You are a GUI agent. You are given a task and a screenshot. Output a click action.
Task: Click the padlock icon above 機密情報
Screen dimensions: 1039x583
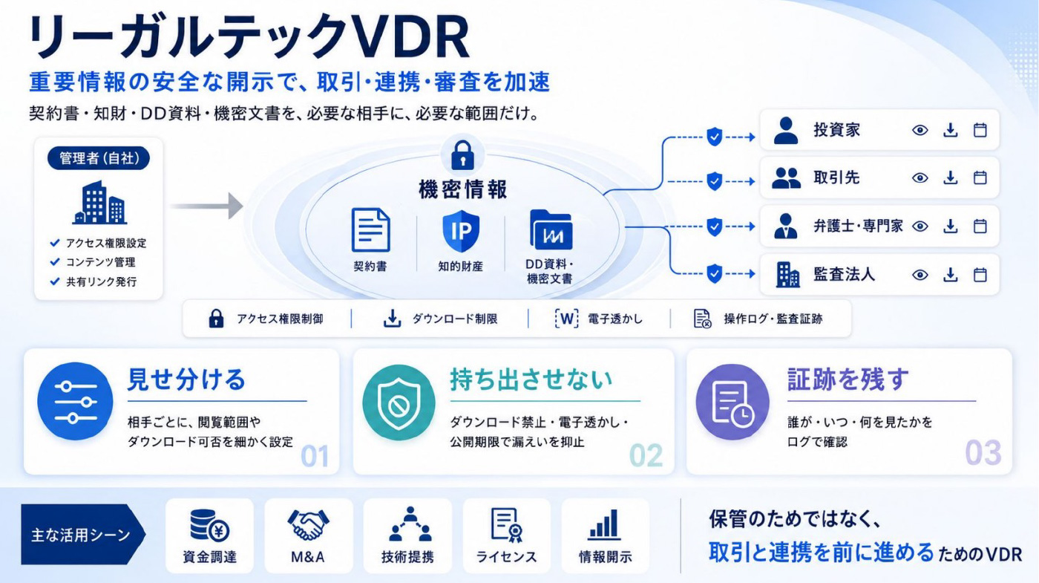(x=462, y=155)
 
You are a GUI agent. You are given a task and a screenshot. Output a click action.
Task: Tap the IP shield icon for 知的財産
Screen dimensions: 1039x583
(x=461, y=231)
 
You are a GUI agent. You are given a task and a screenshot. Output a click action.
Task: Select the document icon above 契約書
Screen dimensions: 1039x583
(x=370, y=229)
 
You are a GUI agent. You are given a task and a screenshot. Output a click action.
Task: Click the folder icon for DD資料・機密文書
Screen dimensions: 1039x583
(x=551, y=229)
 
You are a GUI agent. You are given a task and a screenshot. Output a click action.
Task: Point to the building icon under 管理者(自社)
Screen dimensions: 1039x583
(x=99, y=202)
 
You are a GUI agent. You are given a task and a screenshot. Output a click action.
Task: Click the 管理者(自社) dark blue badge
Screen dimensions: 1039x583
(x=99, y=158)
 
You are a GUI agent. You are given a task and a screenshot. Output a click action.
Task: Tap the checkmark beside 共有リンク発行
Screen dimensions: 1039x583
(x=55, y=281)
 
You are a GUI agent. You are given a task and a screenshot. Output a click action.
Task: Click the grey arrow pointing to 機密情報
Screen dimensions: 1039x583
(x=206, y=206)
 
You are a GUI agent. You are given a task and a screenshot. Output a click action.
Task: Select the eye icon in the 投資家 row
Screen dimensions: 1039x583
(x=920, y=131)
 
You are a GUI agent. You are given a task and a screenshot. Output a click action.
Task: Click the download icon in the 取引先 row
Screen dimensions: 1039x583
(x=951, y=177)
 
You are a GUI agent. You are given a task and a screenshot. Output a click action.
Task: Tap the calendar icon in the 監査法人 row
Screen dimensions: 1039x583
(x=980, y=275)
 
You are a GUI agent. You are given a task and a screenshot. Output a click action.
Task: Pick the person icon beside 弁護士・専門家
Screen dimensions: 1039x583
(x=786, y=226)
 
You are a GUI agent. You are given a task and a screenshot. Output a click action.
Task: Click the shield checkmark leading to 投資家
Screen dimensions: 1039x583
(x=714, y=137)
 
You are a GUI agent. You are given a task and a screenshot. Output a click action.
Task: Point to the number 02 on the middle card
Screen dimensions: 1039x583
(x=646, y=455)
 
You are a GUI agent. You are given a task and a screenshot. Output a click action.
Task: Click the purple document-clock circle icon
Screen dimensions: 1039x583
(x=732, y=402)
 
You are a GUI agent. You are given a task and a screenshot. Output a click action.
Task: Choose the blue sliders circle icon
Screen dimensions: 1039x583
(x=75, y=401)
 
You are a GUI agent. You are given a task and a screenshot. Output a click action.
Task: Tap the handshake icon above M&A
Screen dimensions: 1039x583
(x=308, y=524)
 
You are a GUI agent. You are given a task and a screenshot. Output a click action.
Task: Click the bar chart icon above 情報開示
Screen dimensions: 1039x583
(x=604, y=524)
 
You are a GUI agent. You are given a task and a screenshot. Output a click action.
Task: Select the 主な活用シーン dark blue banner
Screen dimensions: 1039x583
(x=83, y=534)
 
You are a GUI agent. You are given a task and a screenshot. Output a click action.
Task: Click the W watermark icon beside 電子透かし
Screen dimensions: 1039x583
(x=566, y=319)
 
